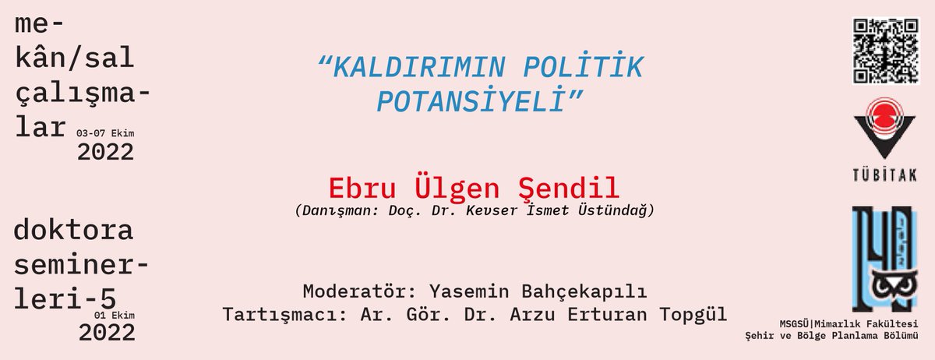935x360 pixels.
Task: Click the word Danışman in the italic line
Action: coord(336,210)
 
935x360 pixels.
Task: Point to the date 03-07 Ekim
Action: coord(106,133)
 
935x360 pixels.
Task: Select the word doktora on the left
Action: coord(74,231)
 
